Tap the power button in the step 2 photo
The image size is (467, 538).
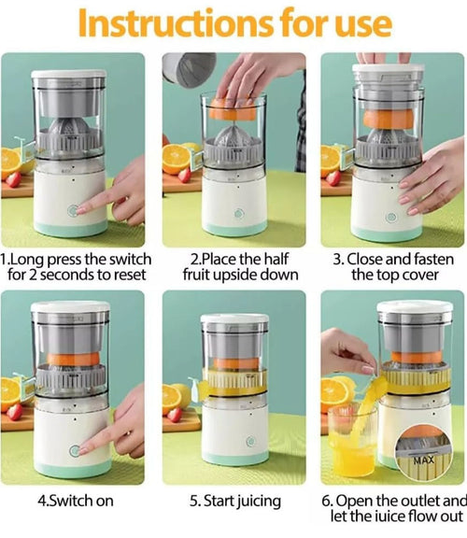pos(239,213)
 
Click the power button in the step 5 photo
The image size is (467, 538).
pos(250,441)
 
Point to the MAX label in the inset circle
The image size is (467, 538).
pos(423,460)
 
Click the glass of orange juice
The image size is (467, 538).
pos(352,441)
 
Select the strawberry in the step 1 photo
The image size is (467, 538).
pos(13,179)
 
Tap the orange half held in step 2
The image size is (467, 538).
pos(233,108)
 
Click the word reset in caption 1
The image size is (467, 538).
pos(130,275)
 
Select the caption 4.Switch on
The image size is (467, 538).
pos(76,501)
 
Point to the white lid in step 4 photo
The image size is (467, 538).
pos(70,307)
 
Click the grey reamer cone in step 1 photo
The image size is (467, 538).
pos(69,129)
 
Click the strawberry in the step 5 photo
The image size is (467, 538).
pos(175,415)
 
